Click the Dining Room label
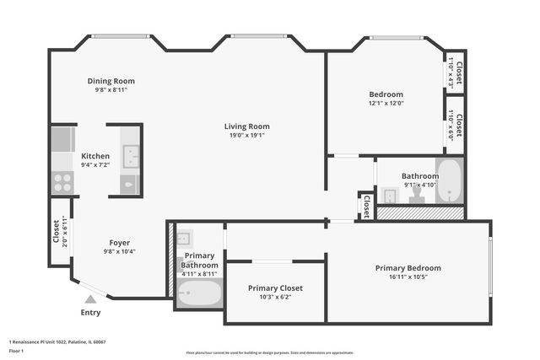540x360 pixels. click(x=111, y=82)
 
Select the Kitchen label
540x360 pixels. click(x=95, y=157)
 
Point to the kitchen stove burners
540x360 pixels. click(x=62, y=182)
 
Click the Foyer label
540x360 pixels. click(x=119, y=242)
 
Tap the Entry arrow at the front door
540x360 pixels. click(x=90, y=298)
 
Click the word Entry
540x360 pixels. click(x=90, y=313)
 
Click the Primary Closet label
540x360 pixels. click(x=275, y=288)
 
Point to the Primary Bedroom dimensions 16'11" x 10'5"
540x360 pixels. click(x=408, y=277)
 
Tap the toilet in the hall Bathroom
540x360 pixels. click(x=417, y=195)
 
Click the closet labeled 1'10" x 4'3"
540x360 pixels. click(x=455, y=72)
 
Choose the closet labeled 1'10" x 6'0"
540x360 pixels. click(x=455, y=125)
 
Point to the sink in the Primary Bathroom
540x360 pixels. click(x=185, y=239)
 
